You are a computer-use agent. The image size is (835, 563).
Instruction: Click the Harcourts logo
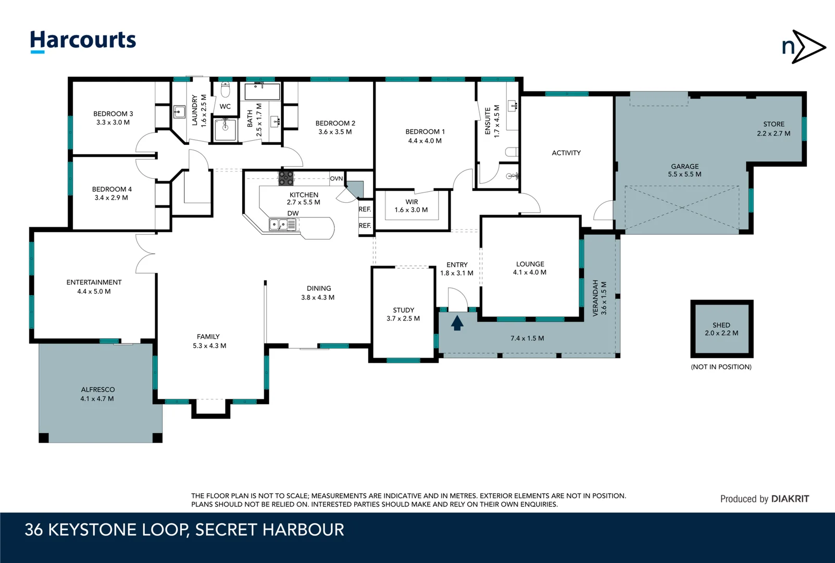click(x=83, y=41)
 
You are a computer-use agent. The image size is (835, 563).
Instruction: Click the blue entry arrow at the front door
click(x=457, y=323)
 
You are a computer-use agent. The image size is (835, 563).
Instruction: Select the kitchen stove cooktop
click(x=286, y=178)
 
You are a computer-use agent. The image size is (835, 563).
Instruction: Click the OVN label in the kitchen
click(x=336, y=179)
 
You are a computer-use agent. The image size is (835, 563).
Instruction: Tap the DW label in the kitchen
click(x=293, y=213)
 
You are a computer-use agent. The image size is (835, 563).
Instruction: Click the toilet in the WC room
click(x=225, y=90)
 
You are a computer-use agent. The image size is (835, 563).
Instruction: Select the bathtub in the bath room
click(x=262, y=92)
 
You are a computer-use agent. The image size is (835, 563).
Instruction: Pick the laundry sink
click(x=179, y=112)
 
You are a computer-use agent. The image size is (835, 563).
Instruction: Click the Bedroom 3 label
click(x=113, y=114)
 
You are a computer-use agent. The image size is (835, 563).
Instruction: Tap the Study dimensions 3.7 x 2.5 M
click(x=403, y=319)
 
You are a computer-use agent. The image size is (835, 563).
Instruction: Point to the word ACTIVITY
click(x=566, y=153)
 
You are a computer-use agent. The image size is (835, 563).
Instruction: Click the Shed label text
click(x=721, y=325)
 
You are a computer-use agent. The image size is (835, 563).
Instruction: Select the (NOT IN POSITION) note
click(x=721, y=367)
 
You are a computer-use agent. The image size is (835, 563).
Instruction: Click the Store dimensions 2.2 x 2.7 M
click(x=774, y=133)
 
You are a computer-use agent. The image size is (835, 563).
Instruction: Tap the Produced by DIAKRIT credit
click(x=765, y=499)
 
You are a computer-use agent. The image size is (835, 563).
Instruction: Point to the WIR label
click(x=412, y=202)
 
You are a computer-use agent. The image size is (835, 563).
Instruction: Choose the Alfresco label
click(x=97, y=389)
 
